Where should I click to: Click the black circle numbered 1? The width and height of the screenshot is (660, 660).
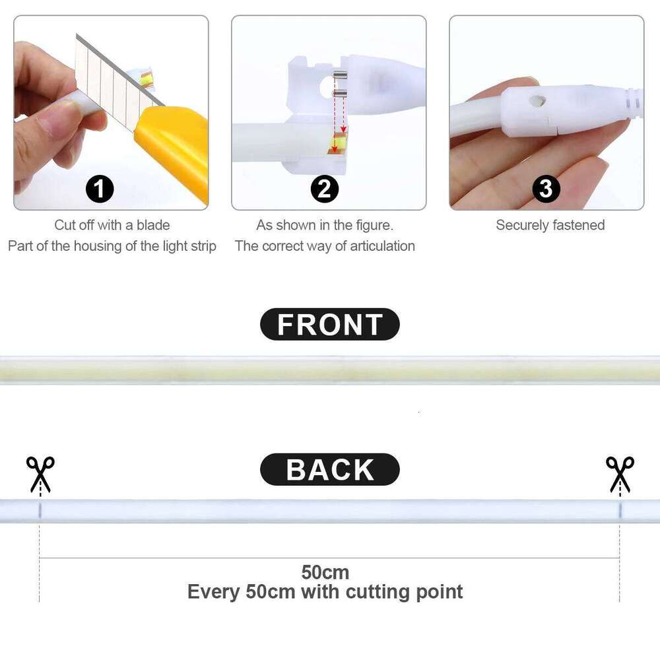click(100, 189)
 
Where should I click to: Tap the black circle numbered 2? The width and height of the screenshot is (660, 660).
click(324, 189)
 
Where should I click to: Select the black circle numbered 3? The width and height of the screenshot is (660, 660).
click(546, 189)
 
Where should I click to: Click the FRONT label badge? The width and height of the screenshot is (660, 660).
click(330, 325)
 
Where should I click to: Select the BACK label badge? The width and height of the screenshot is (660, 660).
click(330, 470)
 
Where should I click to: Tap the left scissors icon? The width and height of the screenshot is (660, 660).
click(40, 473)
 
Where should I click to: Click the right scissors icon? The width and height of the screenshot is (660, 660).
click(620, 473)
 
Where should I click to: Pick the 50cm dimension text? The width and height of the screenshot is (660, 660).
click(325, 572)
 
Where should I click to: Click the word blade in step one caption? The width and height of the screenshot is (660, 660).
click(153, 225)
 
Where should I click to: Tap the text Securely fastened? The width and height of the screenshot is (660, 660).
click(550, 225)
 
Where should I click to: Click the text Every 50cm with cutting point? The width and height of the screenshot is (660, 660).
click(325, 591)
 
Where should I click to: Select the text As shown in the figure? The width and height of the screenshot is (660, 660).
click(325, 225)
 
